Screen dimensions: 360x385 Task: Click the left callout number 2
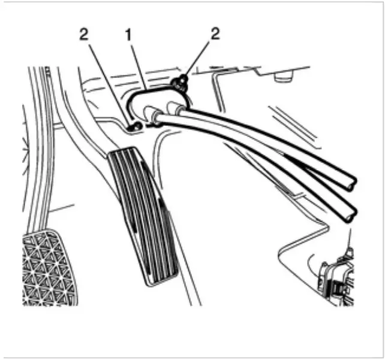84,35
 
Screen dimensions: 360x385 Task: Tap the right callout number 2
215,34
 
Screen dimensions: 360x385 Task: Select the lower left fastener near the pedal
136,126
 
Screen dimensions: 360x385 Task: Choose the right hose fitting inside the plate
176,107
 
